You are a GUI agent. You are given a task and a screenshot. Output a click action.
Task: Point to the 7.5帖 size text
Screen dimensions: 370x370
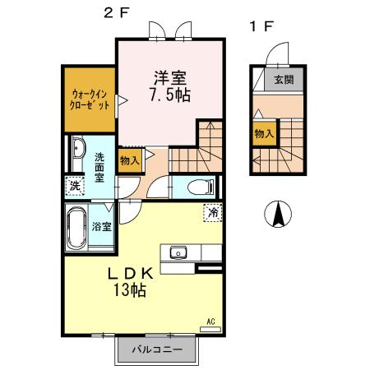170,95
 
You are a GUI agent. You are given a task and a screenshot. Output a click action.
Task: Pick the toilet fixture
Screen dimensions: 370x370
198,187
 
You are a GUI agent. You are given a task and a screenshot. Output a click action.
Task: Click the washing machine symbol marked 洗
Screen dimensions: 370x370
75,186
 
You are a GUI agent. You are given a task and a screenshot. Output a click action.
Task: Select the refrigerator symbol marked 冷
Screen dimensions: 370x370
212,211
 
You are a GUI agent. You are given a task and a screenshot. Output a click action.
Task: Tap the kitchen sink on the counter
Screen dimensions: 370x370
178,252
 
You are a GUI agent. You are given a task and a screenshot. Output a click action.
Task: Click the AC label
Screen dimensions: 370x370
210,321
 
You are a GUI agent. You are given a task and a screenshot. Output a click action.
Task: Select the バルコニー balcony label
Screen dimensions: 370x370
156,349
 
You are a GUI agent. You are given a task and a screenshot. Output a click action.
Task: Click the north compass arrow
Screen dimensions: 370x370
279,215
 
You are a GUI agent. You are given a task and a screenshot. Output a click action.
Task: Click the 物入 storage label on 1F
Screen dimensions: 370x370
263,134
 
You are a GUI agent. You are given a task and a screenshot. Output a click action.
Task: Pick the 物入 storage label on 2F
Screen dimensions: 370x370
130,160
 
